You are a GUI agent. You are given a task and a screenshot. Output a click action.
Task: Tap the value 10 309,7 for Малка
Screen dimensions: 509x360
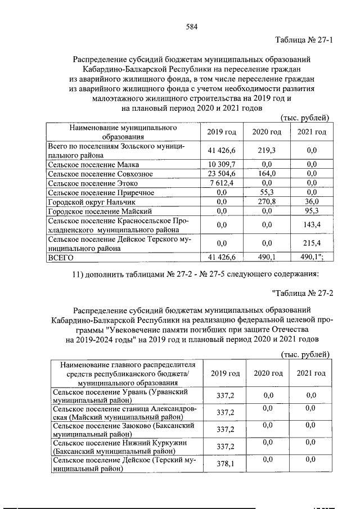(x=220, y=165)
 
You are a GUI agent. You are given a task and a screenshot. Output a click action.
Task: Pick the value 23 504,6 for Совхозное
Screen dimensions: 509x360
(x=220, y=174)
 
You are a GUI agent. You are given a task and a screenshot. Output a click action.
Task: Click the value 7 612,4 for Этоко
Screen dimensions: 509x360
(x=220, y=183)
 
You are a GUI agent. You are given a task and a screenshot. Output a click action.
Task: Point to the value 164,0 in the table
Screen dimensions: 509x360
(x=267, y=174)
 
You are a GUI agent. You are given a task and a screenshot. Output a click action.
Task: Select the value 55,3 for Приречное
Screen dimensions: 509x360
(x=267, y=192)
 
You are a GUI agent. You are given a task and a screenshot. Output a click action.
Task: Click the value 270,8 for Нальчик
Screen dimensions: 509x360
(x=267, y=201)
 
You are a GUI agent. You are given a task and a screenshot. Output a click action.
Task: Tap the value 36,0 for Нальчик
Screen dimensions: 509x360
(x=312, y=201)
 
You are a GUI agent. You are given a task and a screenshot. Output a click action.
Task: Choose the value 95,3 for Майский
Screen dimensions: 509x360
(x=312, y=210)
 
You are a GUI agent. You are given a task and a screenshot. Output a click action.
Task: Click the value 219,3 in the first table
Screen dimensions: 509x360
(x=267, y=150)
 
